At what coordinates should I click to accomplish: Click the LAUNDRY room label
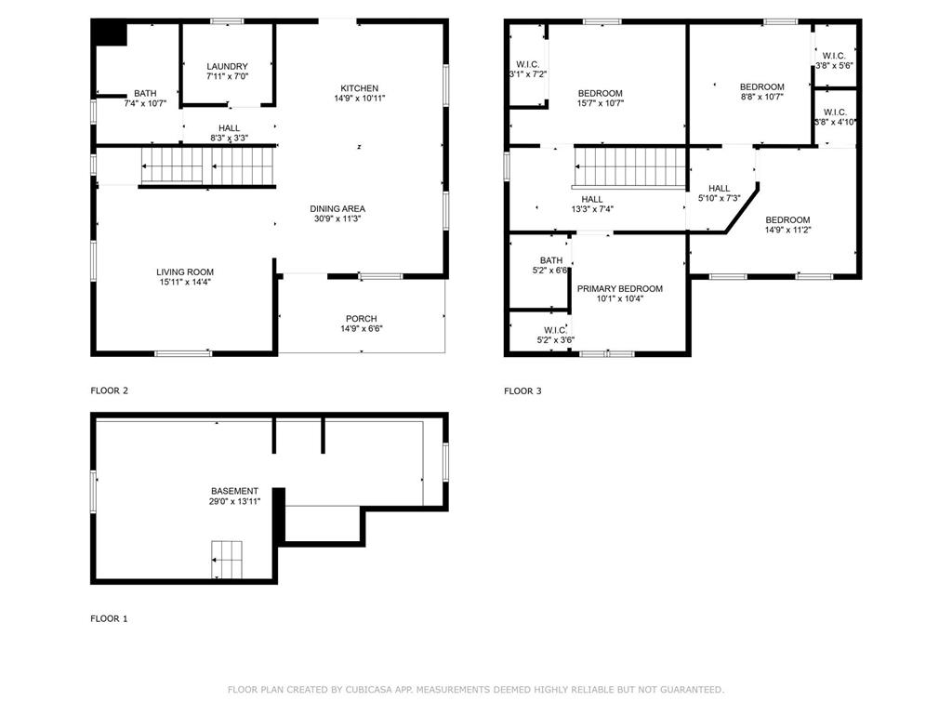coord(227,66)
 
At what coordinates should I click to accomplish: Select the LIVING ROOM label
coord(185,272)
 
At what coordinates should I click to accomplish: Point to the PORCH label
coord(361,319)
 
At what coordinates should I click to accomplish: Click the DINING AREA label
coord(337,208)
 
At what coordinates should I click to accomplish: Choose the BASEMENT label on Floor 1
coord(234,491)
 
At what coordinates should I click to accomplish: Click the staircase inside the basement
coord(226,560)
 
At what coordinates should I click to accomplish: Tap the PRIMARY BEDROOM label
coord(619,289)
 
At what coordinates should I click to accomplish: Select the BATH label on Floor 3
coord(551,260)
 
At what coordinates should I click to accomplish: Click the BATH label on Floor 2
coord(145,93)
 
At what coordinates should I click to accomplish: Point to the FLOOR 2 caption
coord(109,390)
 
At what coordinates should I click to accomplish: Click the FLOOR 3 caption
coord(522,390)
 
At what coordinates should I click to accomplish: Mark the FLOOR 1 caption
coord(109,618)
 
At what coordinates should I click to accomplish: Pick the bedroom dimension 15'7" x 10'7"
coord(600,103)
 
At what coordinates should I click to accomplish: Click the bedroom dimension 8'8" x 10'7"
coord(761,97)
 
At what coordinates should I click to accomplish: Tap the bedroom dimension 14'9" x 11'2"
coord(787,230)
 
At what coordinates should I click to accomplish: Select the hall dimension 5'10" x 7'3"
coord(719,198)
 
